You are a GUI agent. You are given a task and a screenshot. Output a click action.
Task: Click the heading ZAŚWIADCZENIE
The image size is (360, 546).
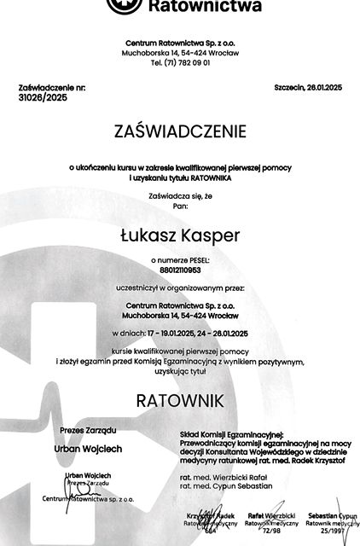click(x=179, y=132)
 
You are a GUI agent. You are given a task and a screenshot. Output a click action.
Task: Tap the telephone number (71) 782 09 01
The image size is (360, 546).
click(x=179, y=62)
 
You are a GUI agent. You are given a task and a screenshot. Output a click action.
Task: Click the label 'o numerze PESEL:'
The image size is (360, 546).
click(x=179, y=256)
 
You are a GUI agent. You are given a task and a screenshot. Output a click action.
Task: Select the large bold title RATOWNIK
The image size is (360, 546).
click(x=179, y=399)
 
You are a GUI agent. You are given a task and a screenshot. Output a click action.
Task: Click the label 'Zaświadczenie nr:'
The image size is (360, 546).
click(x=52, y=88)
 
